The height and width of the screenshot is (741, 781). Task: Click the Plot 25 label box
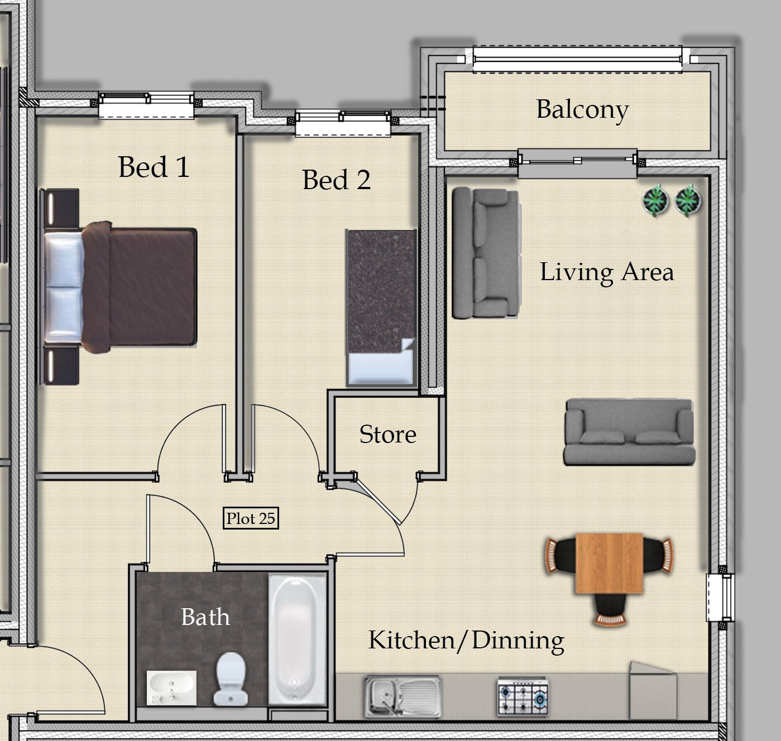pyautogui.click(x=251, y=518)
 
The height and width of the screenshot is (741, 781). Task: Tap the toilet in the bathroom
pyautogui.click(x=231, y=679)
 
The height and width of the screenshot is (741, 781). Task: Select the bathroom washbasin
pyautogui.click(x=171, y=688)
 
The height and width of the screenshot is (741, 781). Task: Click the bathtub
pyautogui.click(x=297, y=639)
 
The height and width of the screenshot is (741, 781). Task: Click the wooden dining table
pyautogui.click(x=609, y=563)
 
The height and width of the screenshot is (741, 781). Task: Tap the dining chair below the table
pyautogui.click(x=610, y=609)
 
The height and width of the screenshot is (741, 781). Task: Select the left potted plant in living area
pyautogui.click(x=655, y=200)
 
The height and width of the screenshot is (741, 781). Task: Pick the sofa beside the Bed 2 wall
pyautogui.click(x=486, y=253)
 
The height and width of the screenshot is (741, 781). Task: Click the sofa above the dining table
pyautogui.click(x=629, y=432)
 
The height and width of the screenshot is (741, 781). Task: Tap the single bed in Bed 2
pyautogui.click(x=381, y=308)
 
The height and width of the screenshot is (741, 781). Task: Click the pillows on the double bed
pyautogui.click(x=64, y=287)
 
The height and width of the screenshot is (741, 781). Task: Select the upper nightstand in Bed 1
pyautogui.click(x=60, y=209)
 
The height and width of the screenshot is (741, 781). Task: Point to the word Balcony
pyautogui.click(x=582, y=109)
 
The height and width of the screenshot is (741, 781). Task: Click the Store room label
pyautogui.click(x=388, y=434)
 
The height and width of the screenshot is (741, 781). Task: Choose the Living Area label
pyautogui.click(x=607, y=272)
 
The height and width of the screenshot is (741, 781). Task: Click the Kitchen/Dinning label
pyautogui.click(x=466, y=641)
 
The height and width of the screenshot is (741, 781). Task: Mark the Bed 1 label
pyautogui.click(x=154, y=167)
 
